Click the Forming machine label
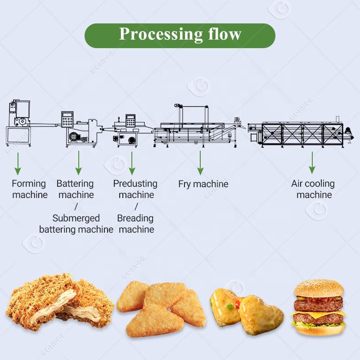(x=29, y=189)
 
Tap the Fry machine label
(x=203, y=184)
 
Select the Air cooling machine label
(x=313, y=189)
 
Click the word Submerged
(x=76, y=218)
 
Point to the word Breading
(x=135, y=218)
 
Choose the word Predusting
(x=135, y=184)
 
